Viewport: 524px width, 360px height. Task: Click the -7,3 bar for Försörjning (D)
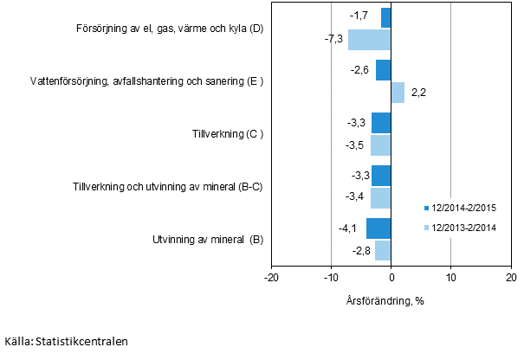click(369, 40)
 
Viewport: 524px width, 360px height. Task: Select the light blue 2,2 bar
click(398, 93)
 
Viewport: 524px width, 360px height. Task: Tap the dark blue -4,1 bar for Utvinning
click(378, 228)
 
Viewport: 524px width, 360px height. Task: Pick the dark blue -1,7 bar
click(386, 17)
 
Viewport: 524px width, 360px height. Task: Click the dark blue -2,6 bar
click(384, 70)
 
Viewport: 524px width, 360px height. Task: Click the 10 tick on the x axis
click(450, 277)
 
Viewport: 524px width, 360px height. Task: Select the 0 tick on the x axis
click(391, 277)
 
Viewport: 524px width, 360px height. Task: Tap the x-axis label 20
click(510, 277)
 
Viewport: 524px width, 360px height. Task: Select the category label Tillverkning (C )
click(228, 134)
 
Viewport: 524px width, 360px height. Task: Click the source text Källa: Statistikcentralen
click(66, 341)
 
